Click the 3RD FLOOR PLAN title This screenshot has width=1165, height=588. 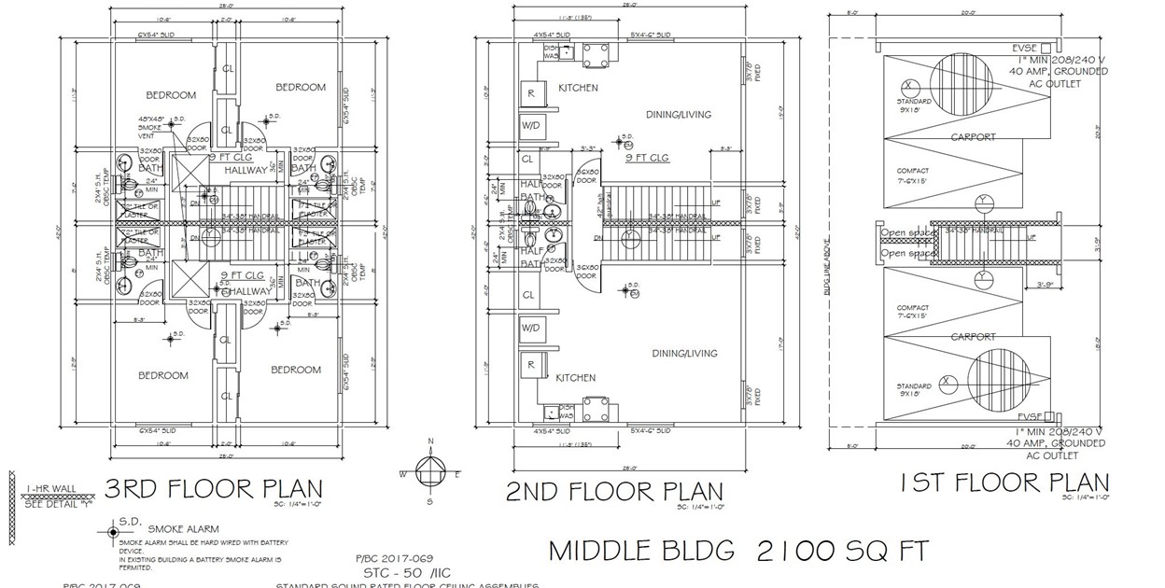214,489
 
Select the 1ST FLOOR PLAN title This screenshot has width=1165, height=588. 1004,483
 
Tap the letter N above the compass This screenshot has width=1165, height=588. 430,441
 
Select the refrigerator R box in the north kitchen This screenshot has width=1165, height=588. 531,93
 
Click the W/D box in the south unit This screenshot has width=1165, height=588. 531,328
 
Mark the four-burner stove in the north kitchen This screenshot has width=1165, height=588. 597,51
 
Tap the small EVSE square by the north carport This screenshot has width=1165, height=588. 1047,48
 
